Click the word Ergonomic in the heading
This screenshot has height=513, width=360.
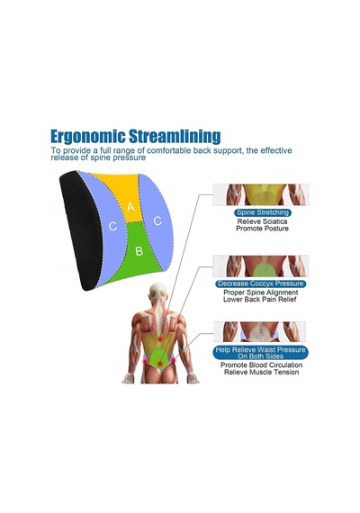click(x=87, y=137)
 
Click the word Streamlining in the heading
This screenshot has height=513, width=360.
click(x=175, y=136)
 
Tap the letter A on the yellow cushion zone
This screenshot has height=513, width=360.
click(x=130, y=207)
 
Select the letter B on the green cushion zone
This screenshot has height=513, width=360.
click(x=139, y=251)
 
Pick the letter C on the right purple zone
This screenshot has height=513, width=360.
click(x=157, y=221)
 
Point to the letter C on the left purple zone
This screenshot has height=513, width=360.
click(x=112, y=226)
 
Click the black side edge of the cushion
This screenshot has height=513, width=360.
click(x=78, y=229)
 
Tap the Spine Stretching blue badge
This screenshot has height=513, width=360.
click(x=263, y=212)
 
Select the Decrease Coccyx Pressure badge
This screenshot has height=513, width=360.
click(x=261, y=283)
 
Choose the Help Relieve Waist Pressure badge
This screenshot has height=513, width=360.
click(x=261, y=353)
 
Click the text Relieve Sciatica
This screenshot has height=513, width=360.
click(x=262, y=221)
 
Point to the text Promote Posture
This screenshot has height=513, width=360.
click(x=262, y=229)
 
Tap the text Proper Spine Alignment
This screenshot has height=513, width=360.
click(x=260, y=292)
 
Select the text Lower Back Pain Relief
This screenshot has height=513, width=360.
click(x=260, y=300)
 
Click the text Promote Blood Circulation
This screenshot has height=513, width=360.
click(x=261, y=364)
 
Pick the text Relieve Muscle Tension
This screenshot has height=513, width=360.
click(x=261, y=372)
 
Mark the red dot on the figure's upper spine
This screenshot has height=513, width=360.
click(x=159, y=339)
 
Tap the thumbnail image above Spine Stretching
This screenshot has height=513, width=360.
click(x=261, y=194)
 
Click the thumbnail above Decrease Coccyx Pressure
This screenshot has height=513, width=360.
click(x=261, y=266)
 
